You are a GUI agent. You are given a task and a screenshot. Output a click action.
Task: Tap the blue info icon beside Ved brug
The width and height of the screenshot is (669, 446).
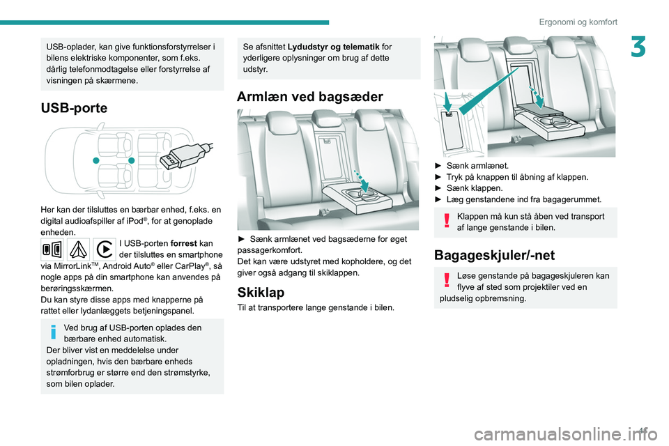click(x=53, y=332)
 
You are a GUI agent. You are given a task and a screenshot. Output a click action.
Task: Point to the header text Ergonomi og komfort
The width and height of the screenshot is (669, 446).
click(x=578, y=22)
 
